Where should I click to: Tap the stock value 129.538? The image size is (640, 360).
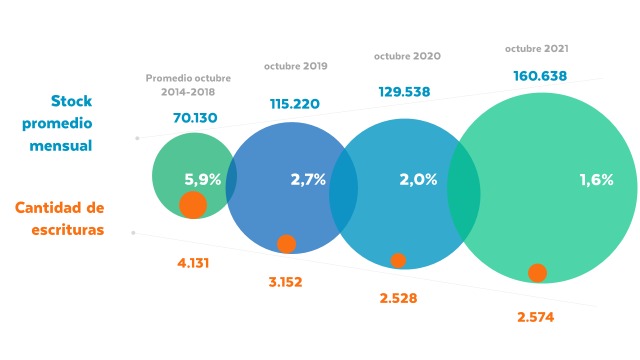pos(410,92)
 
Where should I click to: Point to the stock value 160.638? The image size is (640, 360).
pos(540,75)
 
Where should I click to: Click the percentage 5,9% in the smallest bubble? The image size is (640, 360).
pos(203,180)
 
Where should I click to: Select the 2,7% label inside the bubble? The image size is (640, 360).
pos(308,180)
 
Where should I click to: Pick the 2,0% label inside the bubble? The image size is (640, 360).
pos(418,180)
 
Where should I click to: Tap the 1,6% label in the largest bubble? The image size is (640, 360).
pos(596,180)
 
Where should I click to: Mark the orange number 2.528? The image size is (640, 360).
pos(398,299)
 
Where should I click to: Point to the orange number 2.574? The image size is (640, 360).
pos(535,317)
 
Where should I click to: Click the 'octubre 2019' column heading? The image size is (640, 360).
pos(296,66)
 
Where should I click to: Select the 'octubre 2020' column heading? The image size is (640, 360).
pos(407,56)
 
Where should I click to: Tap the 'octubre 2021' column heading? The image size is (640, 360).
pos(537,47)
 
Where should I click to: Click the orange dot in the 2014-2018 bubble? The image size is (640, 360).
pos(193,205)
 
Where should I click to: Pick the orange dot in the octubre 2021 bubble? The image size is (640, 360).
pos(537,273)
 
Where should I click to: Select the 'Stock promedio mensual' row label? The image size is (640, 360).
pos(86,123)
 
